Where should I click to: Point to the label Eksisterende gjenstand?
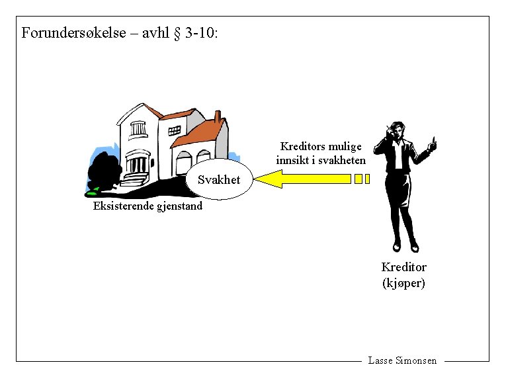pyautogui.click(x=148, y=206)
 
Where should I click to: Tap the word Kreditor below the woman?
pyautogui.click(x=403, y=267)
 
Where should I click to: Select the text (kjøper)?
pyautogui.click(x=403, y=283)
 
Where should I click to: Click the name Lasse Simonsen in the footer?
pyautogui.click(x=402, y=360)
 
